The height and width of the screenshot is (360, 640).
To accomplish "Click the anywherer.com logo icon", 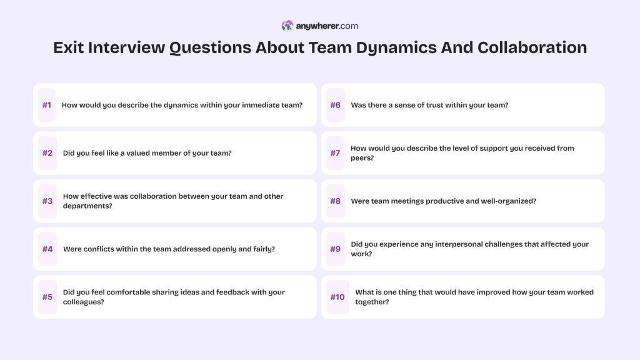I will coord(287,26).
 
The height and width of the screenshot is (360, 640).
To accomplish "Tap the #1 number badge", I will coord(47,105).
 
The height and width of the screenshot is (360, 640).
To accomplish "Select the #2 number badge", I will coord(47,153).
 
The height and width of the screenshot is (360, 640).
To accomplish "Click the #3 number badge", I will coord(47,201).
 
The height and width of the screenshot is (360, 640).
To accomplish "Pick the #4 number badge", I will coord(47,249).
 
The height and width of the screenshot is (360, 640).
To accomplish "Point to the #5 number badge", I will coord(47,297).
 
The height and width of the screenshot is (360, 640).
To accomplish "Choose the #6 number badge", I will coord(336,105).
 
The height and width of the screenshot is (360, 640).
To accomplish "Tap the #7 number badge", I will coord(336,153).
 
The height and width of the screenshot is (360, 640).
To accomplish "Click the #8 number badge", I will coord(336,201).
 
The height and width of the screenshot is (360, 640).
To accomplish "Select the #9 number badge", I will coord(336,249).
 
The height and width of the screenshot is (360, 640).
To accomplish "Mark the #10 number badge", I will coord(337,297).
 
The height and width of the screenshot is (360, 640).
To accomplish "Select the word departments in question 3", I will coord(87,206).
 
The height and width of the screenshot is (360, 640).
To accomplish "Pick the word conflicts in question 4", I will coord(104,249).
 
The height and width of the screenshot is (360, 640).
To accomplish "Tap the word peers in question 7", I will coord(361,158).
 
